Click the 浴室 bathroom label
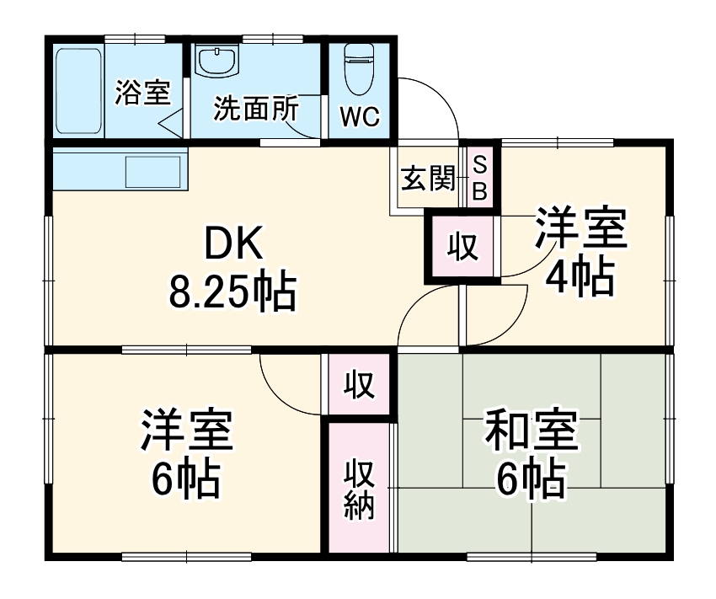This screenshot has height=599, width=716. tap(142, 94)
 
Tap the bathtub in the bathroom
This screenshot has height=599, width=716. tap(78, 91)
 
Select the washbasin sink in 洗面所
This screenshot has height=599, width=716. tap(217, 61)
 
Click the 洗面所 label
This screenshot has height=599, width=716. tap(255, 110)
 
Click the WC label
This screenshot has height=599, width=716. tap(360, 117)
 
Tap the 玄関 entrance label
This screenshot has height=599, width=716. tap(428, 178)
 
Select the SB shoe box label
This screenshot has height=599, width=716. tap(478, 177)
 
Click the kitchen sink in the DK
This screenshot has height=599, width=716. tap(152, 172)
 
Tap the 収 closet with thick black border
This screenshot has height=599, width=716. tap(462, 247)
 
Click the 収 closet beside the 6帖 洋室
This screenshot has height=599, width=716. tap(359, 384)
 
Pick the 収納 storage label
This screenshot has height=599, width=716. tap(359, 489)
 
